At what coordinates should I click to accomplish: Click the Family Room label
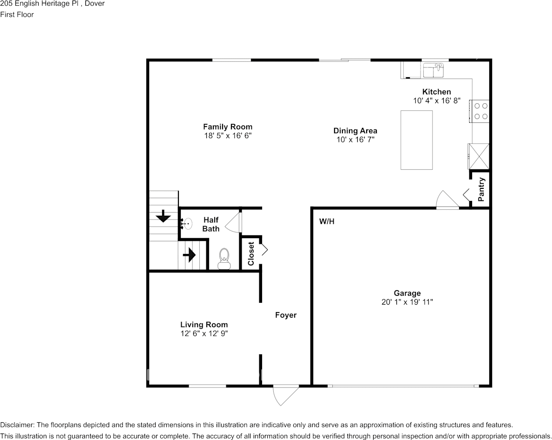pyautogui.click(x=228, y=127)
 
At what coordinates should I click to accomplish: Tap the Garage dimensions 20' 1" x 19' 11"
pyautogui.click(x=407, y=302)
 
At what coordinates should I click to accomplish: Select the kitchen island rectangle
pyautogui.click(x=416, y=140)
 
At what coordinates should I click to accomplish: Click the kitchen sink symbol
pyautogui.click(x=433, y=70)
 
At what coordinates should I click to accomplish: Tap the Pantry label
pyautogui.click(x=481, y=189)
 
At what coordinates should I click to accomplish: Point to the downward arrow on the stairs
pyautogui.click(x=163, y=216)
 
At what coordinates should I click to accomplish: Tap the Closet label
pyautogui.click(x=251, y=253)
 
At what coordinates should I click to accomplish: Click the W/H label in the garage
pyautogui.click(x=327, y=221)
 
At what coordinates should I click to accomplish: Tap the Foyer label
pyautogui.click(x=285, y=315)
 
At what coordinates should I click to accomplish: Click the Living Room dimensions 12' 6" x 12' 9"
pyautogui.click(x=204, y=333)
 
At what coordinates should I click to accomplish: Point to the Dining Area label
pyautogui.click(x=355, y=131)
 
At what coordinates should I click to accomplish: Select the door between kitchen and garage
pyautogui.click(x=446, y=201)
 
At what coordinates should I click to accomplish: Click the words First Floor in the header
pyautogui.click(x=17, y=14)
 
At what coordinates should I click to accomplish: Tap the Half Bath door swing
pyautogui.click(x=234, y=222)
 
